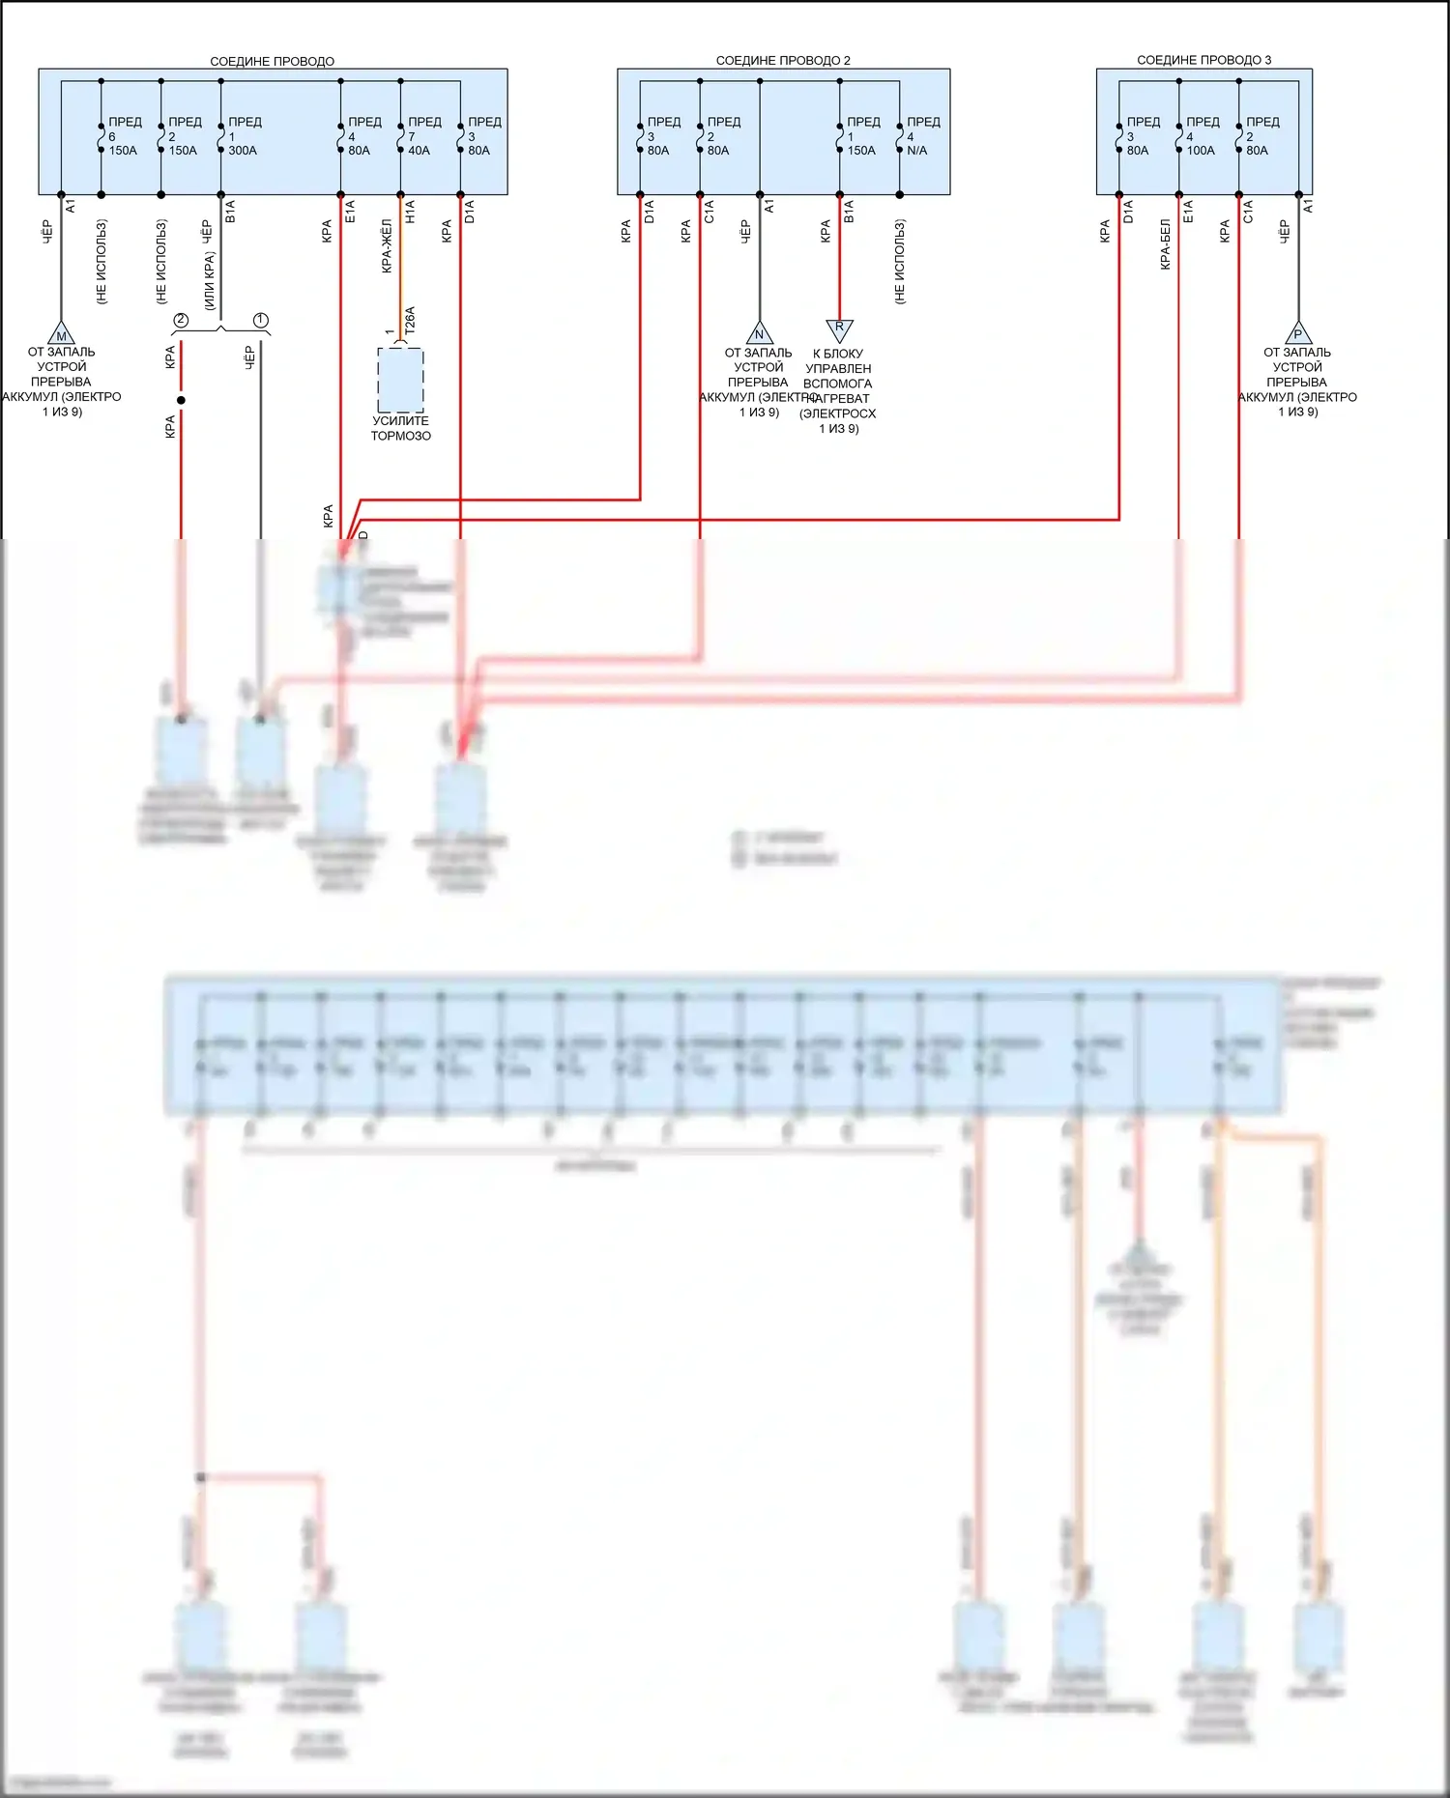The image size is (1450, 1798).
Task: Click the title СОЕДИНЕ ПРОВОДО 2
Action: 783,60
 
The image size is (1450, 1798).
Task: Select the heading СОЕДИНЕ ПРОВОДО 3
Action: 1203,60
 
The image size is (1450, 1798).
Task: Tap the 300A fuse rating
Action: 243,151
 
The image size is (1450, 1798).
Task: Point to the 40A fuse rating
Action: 419,151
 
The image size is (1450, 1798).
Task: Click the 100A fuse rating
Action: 1201,151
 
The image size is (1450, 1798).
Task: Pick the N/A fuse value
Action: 917,151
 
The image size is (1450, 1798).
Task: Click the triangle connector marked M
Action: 61,334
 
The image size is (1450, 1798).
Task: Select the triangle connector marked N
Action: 759,333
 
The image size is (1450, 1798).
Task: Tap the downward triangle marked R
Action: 839,328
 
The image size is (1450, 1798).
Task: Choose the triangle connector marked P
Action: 1297,333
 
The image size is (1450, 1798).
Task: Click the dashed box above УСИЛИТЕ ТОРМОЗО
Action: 400,380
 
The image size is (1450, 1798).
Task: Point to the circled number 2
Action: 181,320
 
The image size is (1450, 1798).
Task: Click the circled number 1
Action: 260,320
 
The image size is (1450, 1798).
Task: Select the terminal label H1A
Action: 410,213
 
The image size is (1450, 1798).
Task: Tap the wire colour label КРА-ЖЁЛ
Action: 387,245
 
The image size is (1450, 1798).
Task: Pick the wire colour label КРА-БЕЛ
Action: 1166,244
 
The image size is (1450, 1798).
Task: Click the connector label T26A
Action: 410,321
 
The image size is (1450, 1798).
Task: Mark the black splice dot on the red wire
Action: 181,400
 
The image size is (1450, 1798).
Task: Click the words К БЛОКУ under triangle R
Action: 838,354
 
